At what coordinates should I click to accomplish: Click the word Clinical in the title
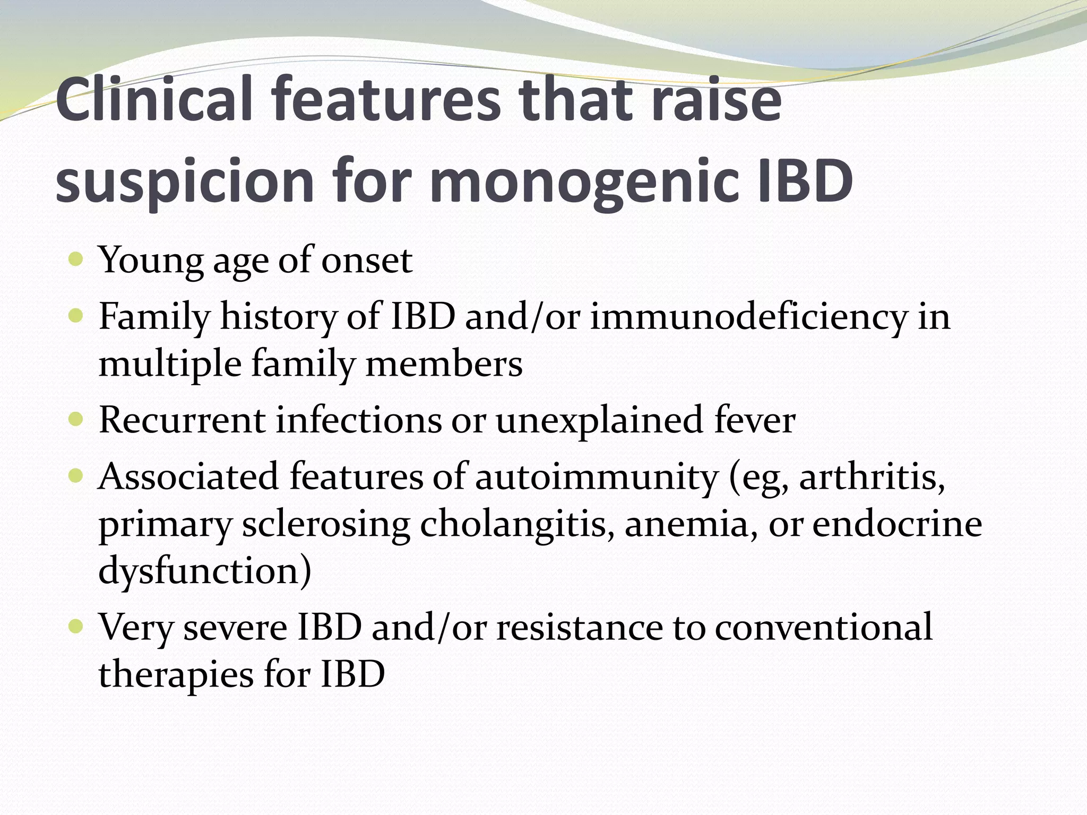[154, 99]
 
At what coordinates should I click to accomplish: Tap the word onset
[366, 261]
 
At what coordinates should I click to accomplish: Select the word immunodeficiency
[749, 317]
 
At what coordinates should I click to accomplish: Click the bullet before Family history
[76, 316]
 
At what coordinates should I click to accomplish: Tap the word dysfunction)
[205, 571]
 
